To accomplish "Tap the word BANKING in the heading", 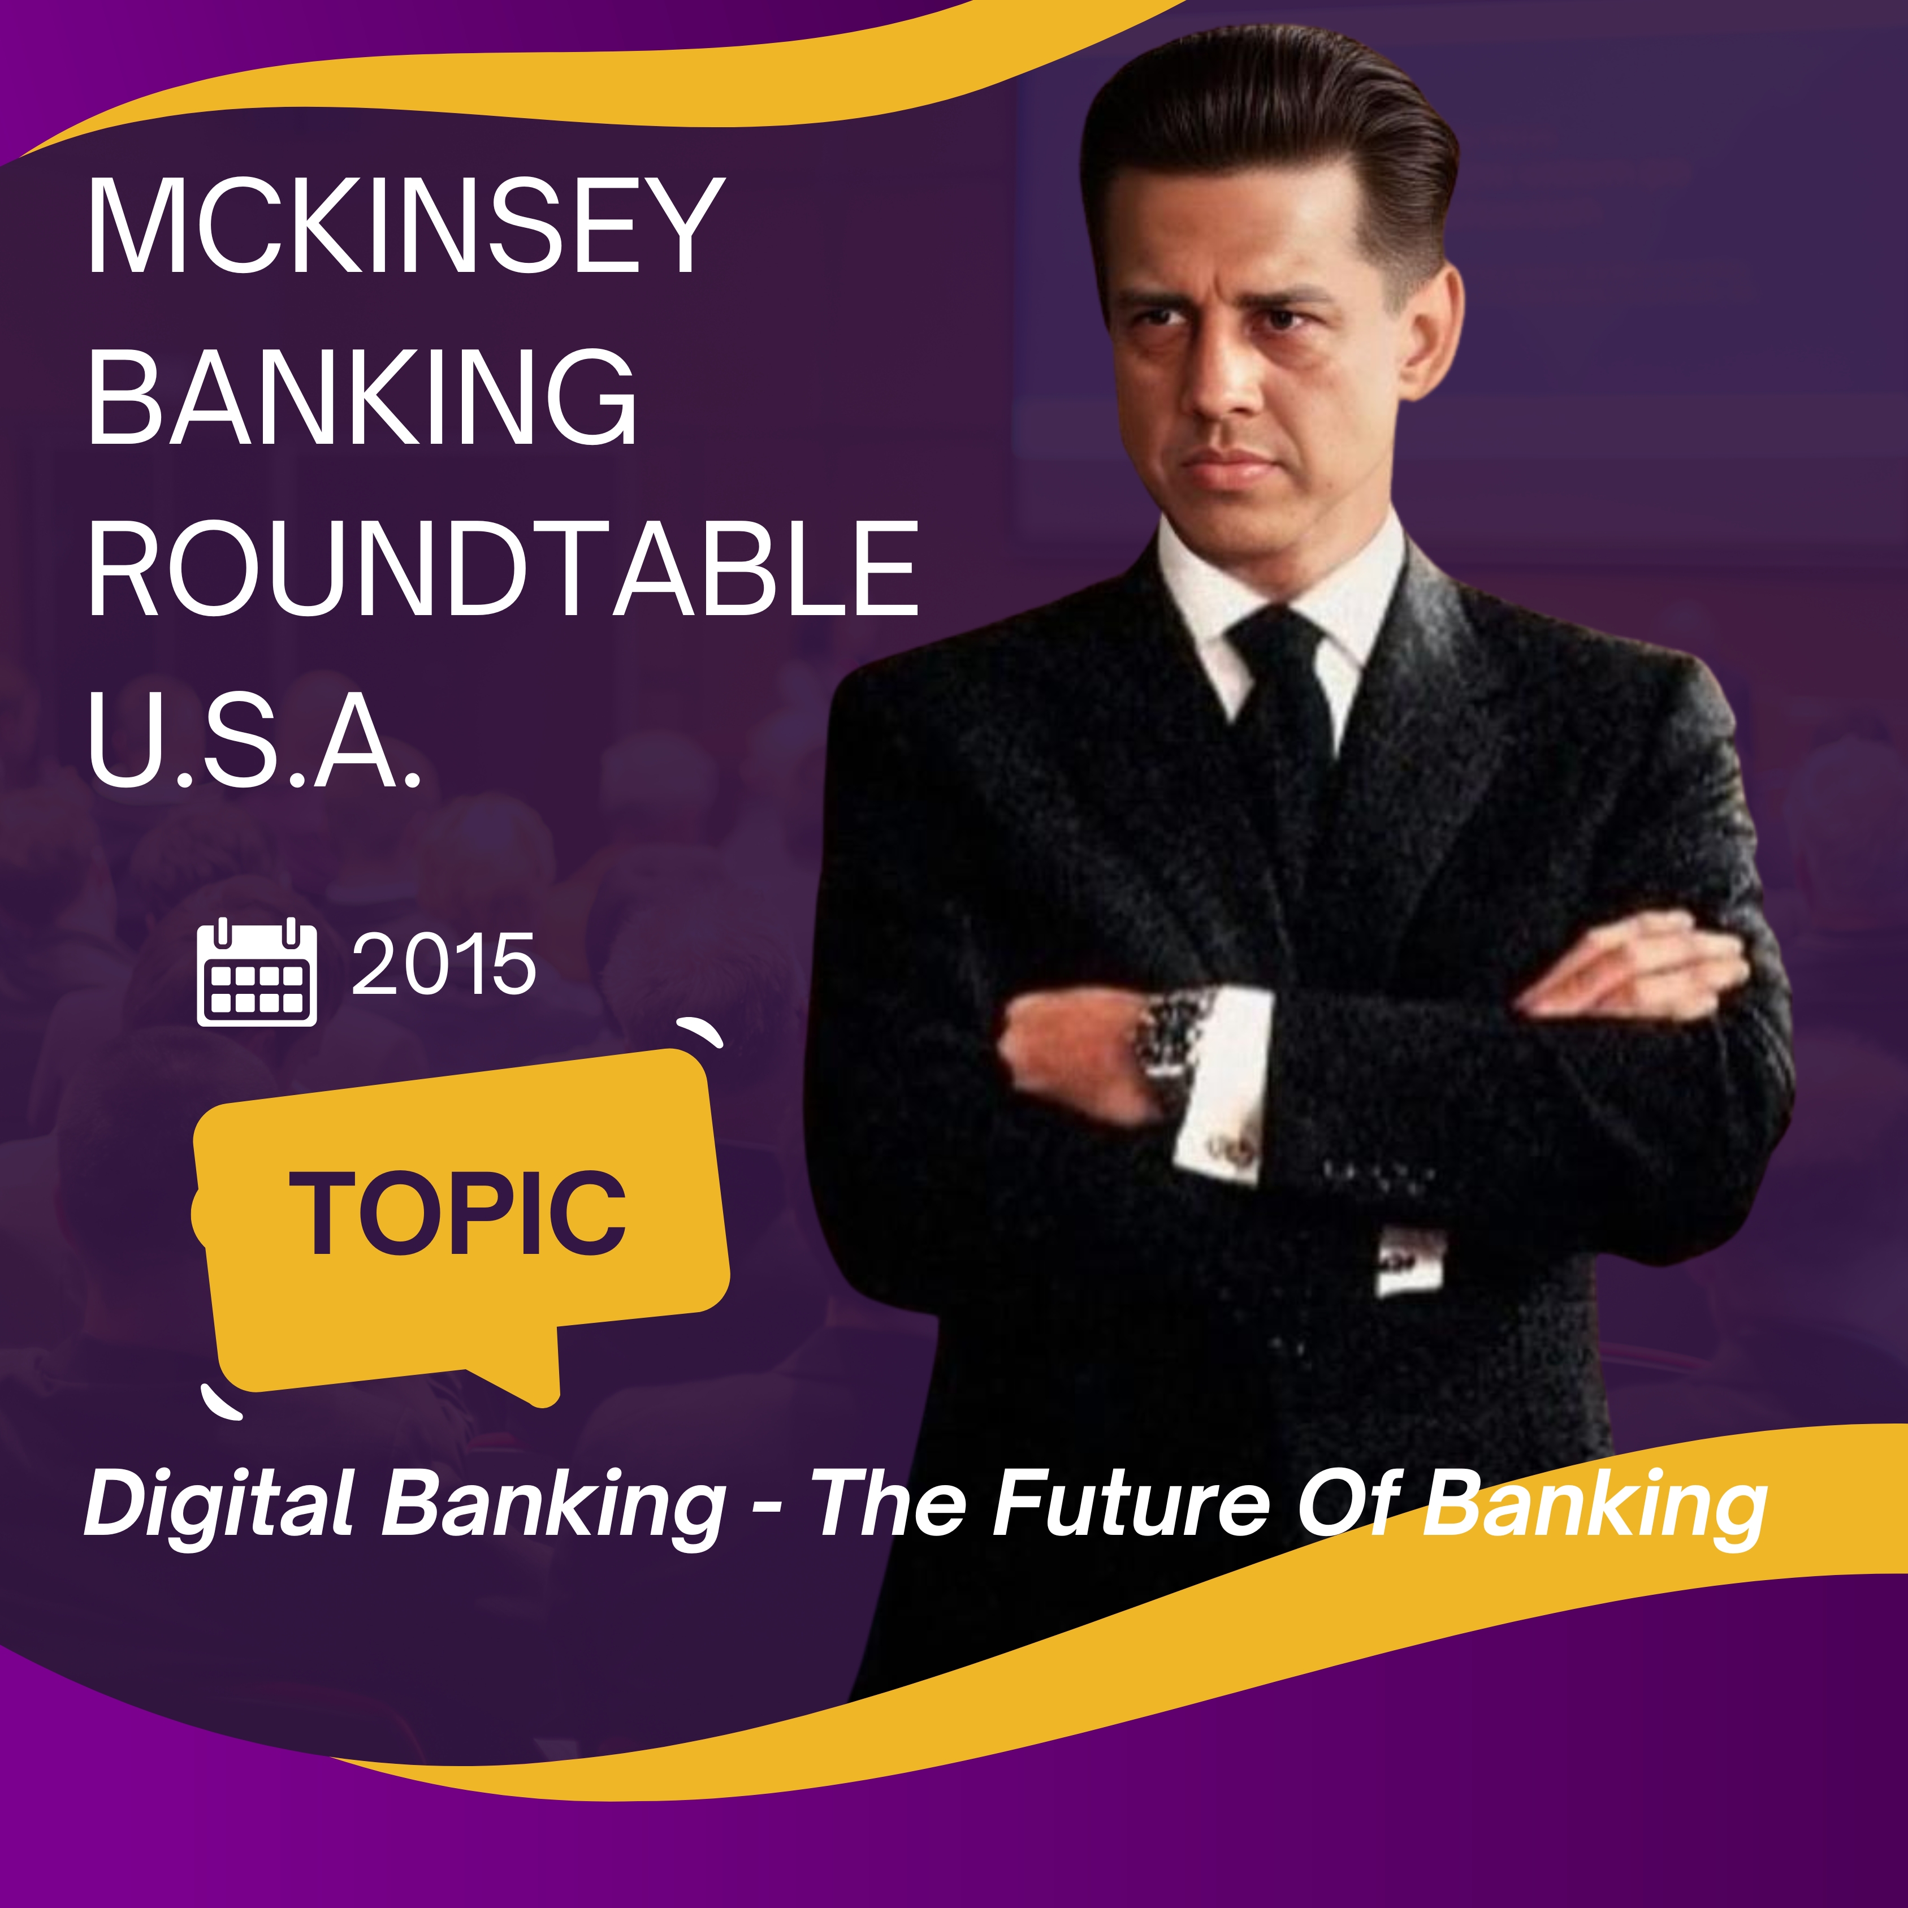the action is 362,397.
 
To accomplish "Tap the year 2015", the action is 443,965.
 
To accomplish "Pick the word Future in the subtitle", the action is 1130,1503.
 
